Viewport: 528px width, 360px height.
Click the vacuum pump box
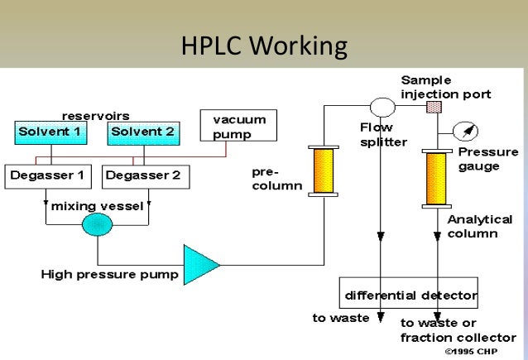click(x=238, y=126)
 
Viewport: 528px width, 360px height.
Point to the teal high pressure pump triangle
click(x=199, y=264)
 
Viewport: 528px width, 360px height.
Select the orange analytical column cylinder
click(x=435, y=180)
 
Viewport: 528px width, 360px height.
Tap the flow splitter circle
click(x=382, y=108)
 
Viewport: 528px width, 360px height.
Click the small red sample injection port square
click(x=432, y=108)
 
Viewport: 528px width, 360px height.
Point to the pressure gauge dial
click(x=464, y=130)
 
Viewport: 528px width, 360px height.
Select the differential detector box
click(x=410, y=295)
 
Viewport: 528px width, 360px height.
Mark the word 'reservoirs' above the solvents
click(x=95, y=115)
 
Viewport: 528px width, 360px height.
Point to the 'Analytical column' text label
click(x=473, y=227)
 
